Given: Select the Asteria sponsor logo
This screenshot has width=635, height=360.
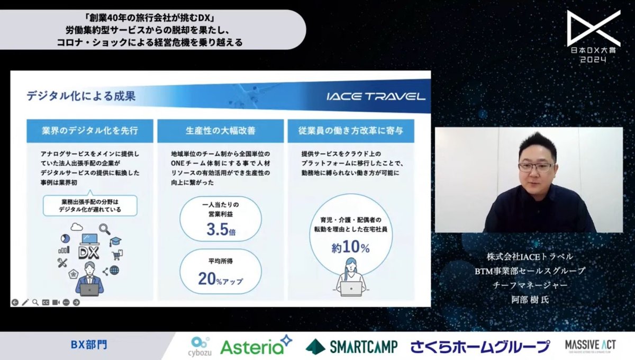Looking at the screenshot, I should (256, 346).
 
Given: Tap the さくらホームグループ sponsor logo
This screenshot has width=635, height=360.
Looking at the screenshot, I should (480, 347).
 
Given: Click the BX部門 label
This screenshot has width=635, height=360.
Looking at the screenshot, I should (89, 345).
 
